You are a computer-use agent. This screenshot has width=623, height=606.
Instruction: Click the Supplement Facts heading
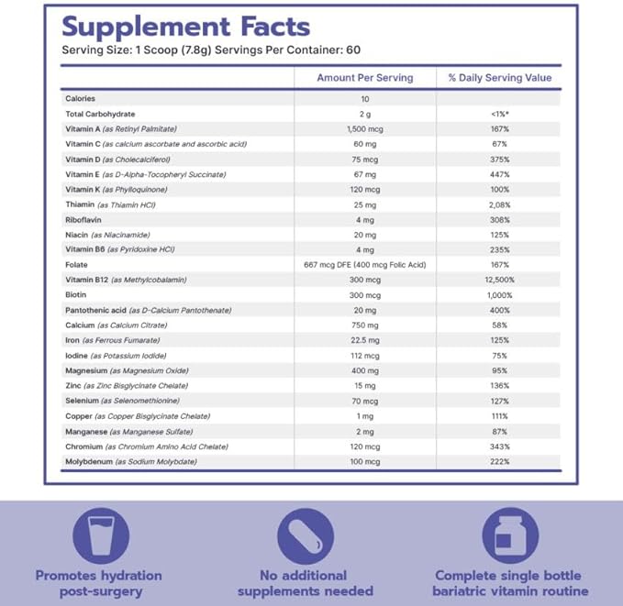185,27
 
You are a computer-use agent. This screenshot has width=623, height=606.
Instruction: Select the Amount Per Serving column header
364,78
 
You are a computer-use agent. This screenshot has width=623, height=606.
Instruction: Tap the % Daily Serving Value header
500,78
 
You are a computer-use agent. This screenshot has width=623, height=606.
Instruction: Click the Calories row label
81,98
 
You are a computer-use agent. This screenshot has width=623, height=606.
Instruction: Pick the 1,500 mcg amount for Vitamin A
364,128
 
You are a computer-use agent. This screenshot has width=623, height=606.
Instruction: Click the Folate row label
77,264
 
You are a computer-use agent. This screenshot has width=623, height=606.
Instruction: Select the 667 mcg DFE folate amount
364,264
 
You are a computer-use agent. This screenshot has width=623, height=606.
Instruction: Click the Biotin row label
77,295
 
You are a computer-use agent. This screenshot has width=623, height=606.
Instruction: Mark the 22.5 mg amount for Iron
364,340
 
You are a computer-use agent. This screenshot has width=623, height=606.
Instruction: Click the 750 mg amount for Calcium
364,325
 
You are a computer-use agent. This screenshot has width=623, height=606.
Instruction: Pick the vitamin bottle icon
511,534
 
